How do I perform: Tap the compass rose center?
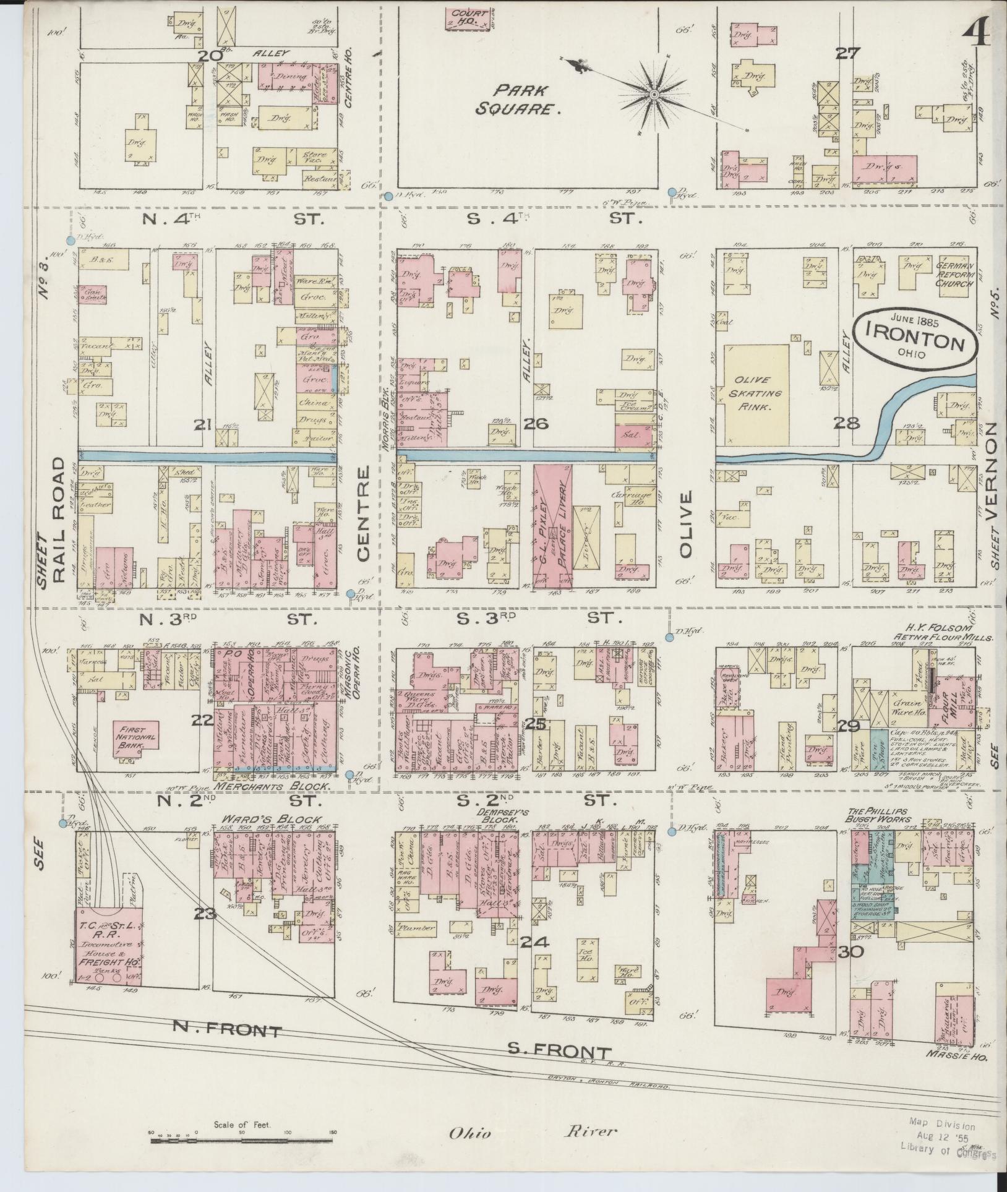click(x=654, y=95)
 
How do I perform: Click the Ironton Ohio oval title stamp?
click(x=914, y=343)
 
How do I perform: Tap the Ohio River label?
click(x=531, y=1132)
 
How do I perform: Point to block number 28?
click(x=847, y=423)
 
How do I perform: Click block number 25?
click(x=534, y=724)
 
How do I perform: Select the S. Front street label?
click(x=560, y=1050)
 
